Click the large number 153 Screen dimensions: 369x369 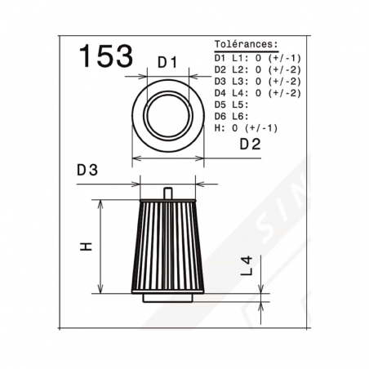tap(106, 56)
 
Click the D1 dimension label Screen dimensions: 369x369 tap(167, 62)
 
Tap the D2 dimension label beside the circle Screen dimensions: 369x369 tap(250, 144)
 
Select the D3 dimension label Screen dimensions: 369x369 tap(87, 170)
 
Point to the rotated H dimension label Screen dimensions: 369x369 tap(87, 247)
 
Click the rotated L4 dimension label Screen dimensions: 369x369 tap(247, 266)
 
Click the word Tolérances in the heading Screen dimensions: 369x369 tap(246, 44)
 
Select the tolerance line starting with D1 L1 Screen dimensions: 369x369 tap(257, 58)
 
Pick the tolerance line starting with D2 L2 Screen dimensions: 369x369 tap(257, 69)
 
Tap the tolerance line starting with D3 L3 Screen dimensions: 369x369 tap(257, 82)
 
